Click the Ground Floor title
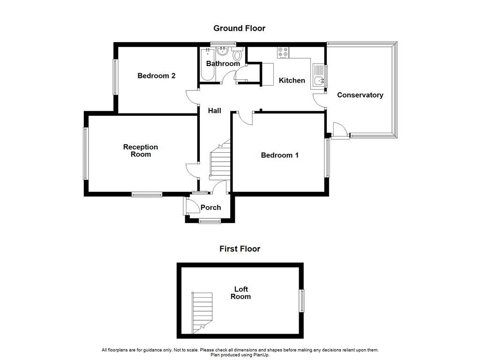[x=239, y=28]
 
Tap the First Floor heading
[x=240, y=249]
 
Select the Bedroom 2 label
[x=156, y=75]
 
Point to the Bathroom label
[x=223, y=63]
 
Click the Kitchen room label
[x=292, y=80]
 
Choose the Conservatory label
[x=360, y=95]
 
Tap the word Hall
[x=215, y=111]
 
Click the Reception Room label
[x=140, y=150]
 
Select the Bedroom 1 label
[x=279, y=155]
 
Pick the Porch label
[x=210, y=207]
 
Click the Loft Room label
[x=240, y=293]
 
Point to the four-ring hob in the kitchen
[x=283, y=52]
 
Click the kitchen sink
[x=319, y=80]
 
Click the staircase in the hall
[x=218, y=162]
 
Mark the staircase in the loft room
[x=202, y=312]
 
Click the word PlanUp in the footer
[x=275, y=355]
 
